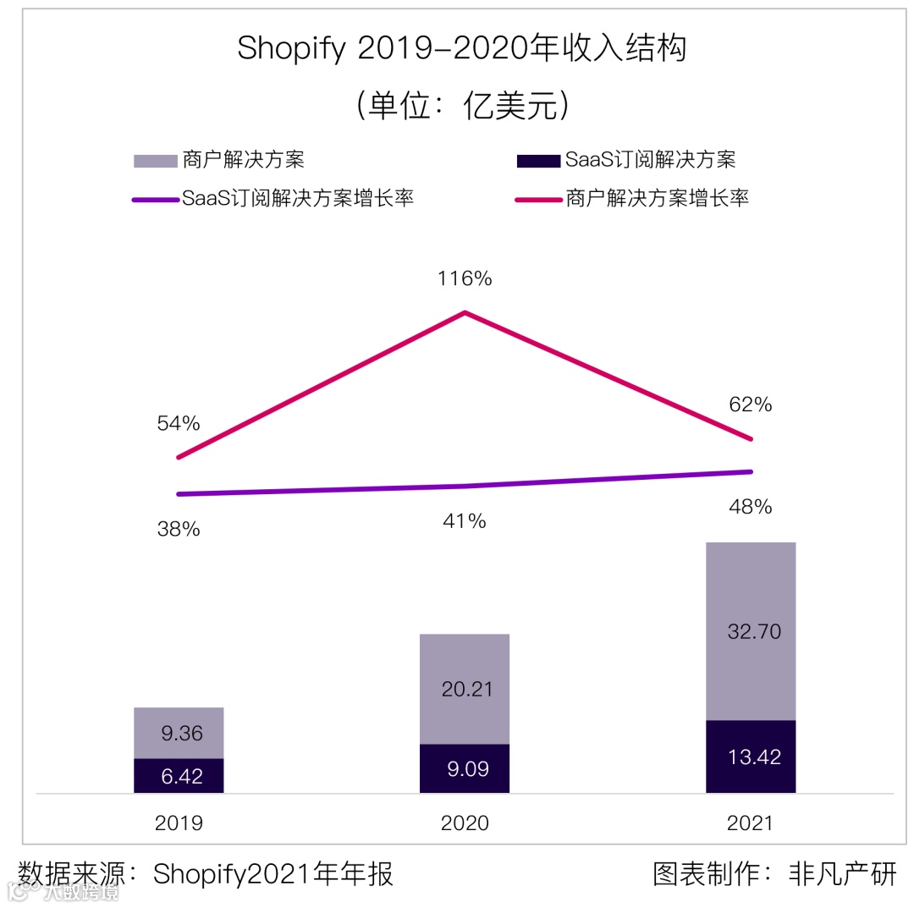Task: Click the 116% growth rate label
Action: pos(465,278)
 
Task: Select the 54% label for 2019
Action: pos(179,423)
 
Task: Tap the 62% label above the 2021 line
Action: pos(751,404)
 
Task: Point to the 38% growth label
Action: pos(179,529)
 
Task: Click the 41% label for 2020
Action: pos(465,520)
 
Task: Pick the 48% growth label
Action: pos(751,507)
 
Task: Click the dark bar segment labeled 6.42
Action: pos(179,775)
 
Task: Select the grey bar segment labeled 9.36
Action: pos(179,733)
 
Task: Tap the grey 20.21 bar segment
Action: pos(465,689)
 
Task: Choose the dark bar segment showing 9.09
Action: pos(465,768)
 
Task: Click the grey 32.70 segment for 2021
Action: pos(751,631)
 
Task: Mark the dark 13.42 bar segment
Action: pos(751,757)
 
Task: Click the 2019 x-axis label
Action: pos(179,823)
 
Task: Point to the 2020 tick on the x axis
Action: pos(465,823)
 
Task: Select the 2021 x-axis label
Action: pos(751,823)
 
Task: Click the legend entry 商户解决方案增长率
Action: pos(657,199)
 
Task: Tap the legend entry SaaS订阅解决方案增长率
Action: pos(297,199)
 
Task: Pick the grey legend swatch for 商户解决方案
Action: pos(155,160)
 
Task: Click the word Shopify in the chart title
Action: pos(291,49)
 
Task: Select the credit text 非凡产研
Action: pos(841,873)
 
